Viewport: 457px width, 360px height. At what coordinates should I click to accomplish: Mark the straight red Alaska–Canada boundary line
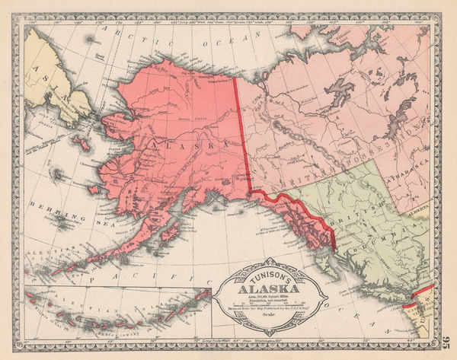[x=241, y=137]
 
